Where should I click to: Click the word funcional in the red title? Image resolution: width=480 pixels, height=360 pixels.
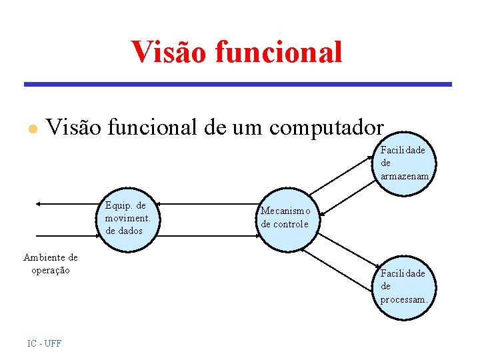pyautogui.click(x=281, y=52)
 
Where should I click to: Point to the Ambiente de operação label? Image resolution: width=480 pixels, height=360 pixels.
pyautogui.click(x=51, y=263)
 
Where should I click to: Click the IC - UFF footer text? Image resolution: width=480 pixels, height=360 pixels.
pyautogui.click(x=45, y=343)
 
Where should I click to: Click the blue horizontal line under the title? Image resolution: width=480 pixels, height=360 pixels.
pyautogui.click(x=238, y=85)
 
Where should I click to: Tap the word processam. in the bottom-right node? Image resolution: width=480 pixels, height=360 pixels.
pyautogui.click(x=404, y=300)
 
